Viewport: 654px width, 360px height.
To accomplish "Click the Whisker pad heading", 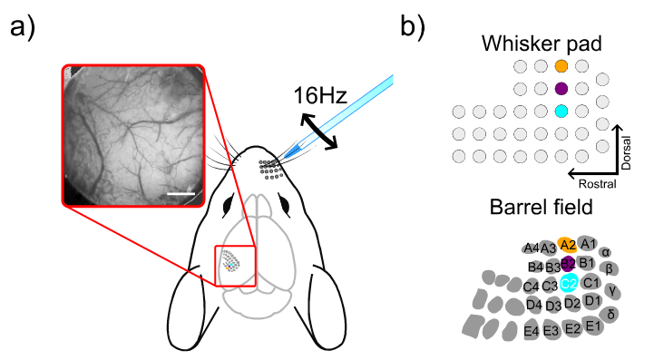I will [x=535, y=43].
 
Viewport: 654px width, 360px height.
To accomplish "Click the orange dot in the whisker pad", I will [x=561, y=66].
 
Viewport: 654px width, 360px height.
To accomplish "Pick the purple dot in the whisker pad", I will [x=561, y=88].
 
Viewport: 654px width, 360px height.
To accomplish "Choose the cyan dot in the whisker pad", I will [x=561, y=111].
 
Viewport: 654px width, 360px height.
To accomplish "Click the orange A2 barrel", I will [x=568, y=244].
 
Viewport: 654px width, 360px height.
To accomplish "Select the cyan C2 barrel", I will [x=570, y=283].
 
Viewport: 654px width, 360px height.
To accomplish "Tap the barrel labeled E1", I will [x=594, y=325].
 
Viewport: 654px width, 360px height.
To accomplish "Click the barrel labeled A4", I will [x=531, y=248].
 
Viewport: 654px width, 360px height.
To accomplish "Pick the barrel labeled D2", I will [x=572, y=303].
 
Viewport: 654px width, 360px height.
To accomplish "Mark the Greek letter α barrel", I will [x=606, y=252].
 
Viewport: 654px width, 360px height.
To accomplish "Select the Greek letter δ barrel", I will [x=612, y=314].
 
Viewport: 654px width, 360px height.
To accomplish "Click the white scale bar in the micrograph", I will [x=181, y=191].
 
